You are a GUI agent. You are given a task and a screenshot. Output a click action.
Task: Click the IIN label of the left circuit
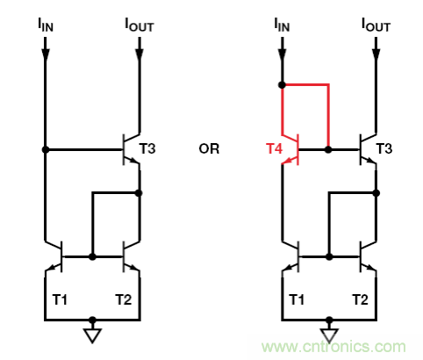46,25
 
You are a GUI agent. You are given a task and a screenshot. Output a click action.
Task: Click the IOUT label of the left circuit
140,25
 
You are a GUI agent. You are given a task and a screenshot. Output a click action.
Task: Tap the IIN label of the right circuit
282,25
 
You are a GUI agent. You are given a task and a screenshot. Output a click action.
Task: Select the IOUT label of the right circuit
376,25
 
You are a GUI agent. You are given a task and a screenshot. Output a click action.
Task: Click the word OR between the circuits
209,149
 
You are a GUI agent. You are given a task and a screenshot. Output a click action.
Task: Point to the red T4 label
274,148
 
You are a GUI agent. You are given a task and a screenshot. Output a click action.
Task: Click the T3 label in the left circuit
147,148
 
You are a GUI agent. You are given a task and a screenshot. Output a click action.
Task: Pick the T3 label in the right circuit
384,148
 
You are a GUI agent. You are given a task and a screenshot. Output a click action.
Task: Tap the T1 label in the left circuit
60,299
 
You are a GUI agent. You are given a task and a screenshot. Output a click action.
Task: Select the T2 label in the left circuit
124,299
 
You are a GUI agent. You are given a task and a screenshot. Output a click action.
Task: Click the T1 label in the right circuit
297,299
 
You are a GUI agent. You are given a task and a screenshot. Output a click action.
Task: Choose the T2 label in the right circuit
360,299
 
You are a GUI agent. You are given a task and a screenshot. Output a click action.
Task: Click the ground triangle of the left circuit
92,334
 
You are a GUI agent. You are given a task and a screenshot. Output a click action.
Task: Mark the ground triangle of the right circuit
329,334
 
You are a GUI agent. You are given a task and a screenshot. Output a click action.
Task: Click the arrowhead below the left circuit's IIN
46,54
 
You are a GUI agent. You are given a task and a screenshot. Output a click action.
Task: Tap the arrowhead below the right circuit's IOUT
376,54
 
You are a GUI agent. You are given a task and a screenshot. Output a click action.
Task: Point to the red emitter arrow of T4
288,161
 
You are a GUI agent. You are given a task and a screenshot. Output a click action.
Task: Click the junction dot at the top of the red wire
282,85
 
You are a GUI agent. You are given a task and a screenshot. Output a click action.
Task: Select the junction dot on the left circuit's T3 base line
46,149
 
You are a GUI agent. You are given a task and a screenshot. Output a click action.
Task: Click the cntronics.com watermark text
333,347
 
